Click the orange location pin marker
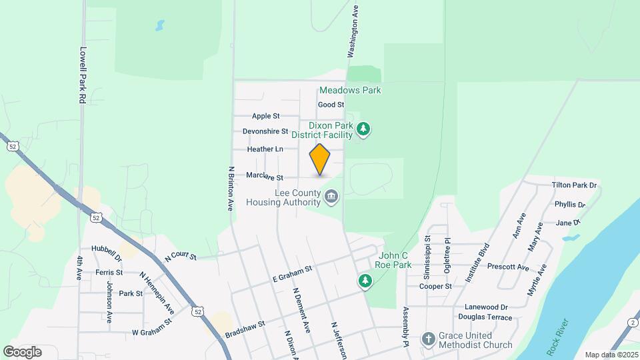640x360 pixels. (x=320, y=159)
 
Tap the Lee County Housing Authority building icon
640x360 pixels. (x=331, y=197)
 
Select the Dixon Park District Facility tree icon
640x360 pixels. (x=363, y=129)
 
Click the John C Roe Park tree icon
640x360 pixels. (x=365, y=281)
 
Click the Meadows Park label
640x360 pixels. (x=350, y=90)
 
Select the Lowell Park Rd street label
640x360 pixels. (x=83, y=74)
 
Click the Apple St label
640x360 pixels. (x=265, y=116)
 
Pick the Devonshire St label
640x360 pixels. (x=265, y=131)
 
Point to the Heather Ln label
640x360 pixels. (x=265, y=149)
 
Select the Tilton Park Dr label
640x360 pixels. (x=574, y=185)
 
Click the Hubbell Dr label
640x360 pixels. (x=107, y=251)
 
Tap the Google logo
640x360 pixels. (x=22, y=351)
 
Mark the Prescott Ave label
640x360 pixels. (x=508, y=267)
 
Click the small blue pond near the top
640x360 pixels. (x=159, y=27)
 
